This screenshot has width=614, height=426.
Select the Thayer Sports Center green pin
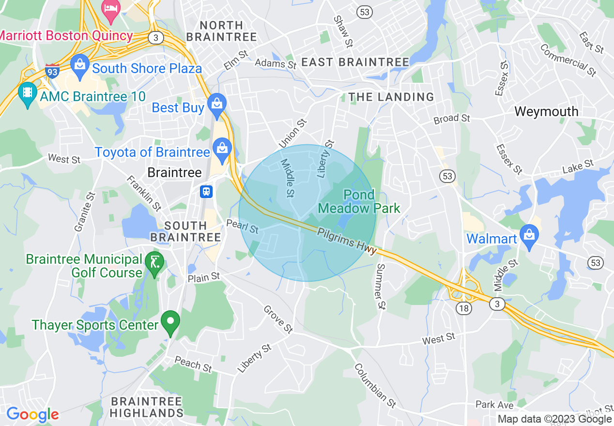[170, 321]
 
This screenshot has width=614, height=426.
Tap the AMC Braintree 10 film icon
[27, 92]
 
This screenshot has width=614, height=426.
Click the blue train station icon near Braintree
[207, 191]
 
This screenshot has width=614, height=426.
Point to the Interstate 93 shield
[52, 71]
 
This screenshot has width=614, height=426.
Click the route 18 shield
[464, 308]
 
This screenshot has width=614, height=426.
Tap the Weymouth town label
[546, 111]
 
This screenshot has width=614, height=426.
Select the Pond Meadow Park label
[359, 202]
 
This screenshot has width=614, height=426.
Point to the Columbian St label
[376, 385]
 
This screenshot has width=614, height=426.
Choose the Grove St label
[278, 319]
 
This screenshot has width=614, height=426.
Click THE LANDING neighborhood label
[391, 97]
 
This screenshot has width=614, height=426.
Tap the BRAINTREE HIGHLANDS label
[146, 407]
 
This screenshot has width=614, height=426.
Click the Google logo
[32, 415]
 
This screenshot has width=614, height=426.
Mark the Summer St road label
[381, 287]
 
